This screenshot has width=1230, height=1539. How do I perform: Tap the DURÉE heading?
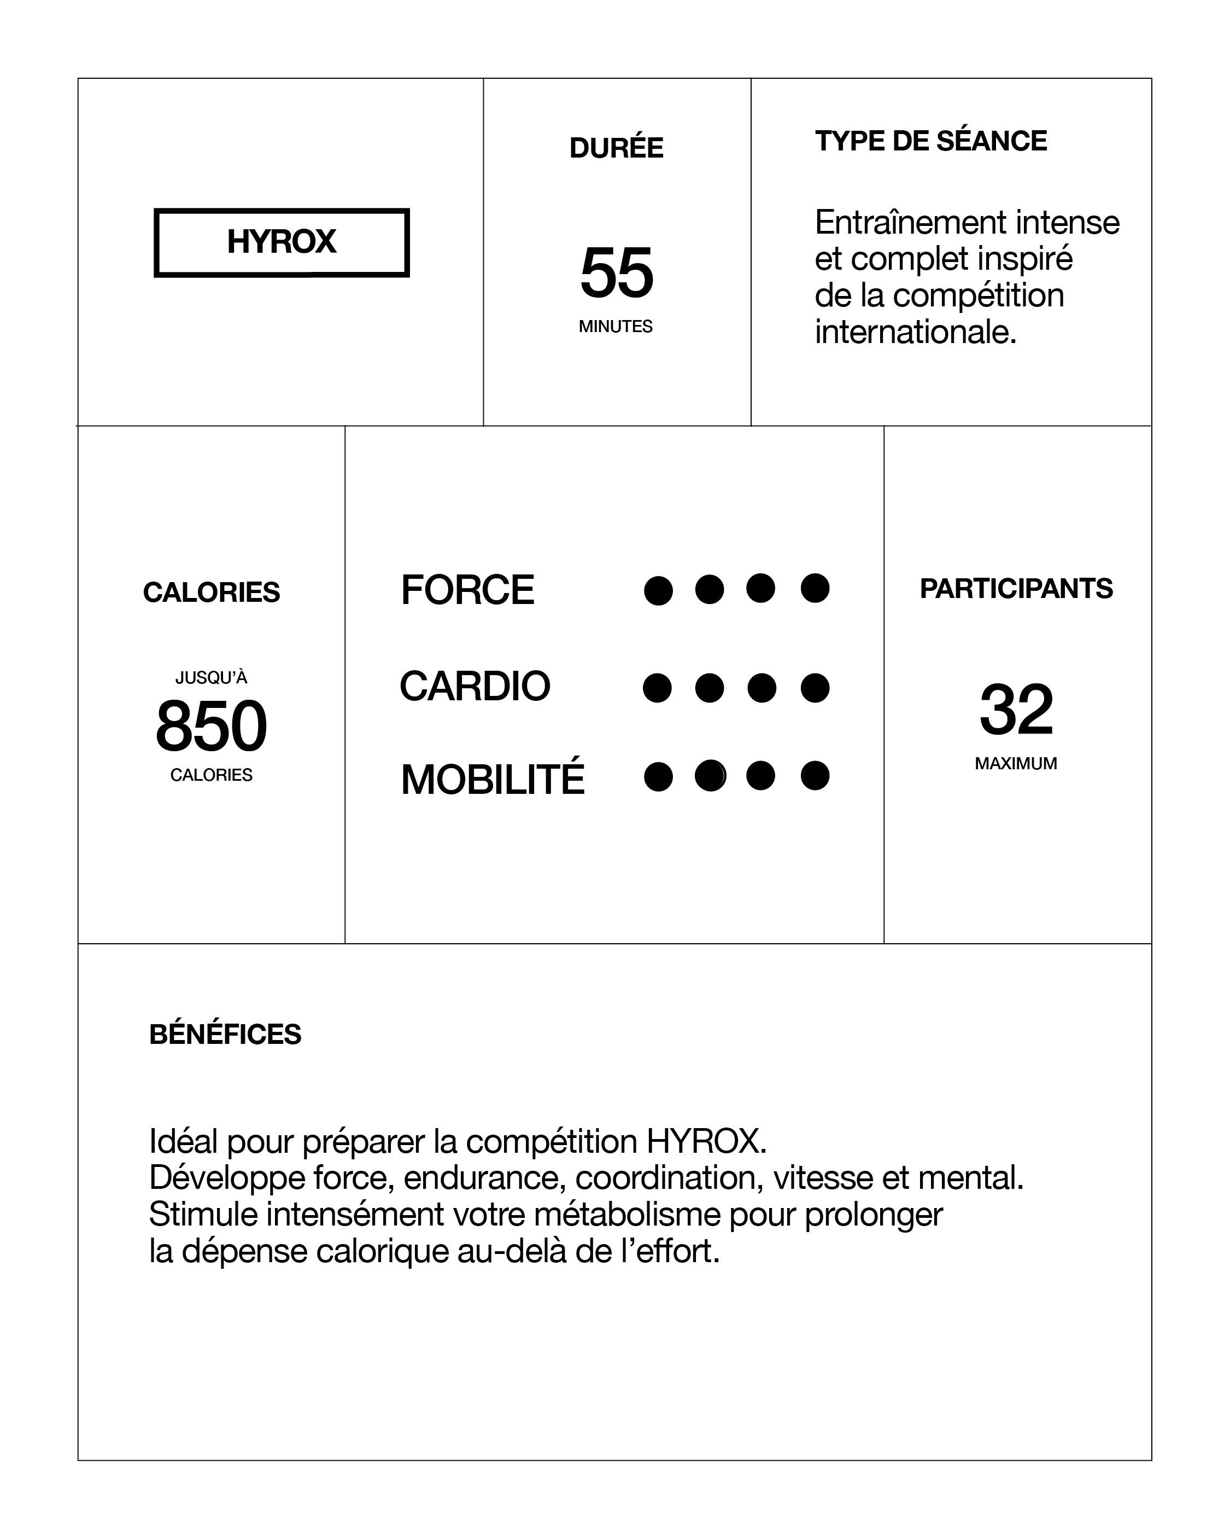pos(617,148)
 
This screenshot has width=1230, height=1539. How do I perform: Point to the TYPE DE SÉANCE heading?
pos(931,141)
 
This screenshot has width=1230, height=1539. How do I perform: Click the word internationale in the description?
pos(915,332)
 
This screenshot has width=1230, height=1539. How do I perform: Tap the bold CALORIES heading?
pos(211,592)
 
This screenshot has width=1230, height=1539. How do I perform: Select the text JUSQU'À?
pos(211,677)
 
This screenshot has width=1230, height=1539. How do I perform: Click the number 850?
pos(211,726)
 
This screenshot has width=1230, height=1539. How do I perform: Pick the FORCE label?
pos(467,590)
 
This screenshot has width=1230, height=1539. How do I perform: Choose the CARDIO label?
pos(475,686)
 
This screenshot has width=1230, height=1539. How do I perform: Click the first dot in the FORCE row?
pos(658,590)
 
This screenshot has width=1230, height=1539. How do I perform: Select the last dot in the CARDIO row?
pos(815,688)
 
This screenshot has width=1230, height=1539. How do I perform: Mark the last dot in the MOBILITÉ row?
pos(815,776)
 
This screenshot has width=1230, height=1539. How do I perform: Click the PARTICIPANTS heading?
pos(1016,589)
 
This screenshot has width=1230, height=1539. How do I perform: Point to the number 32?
pos(1016,710)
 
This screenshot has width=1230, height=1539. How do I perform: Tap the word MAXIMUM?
pos(1016,763)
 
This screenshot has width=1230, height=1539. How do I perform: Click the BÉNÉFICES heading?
pos(225,1035)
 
